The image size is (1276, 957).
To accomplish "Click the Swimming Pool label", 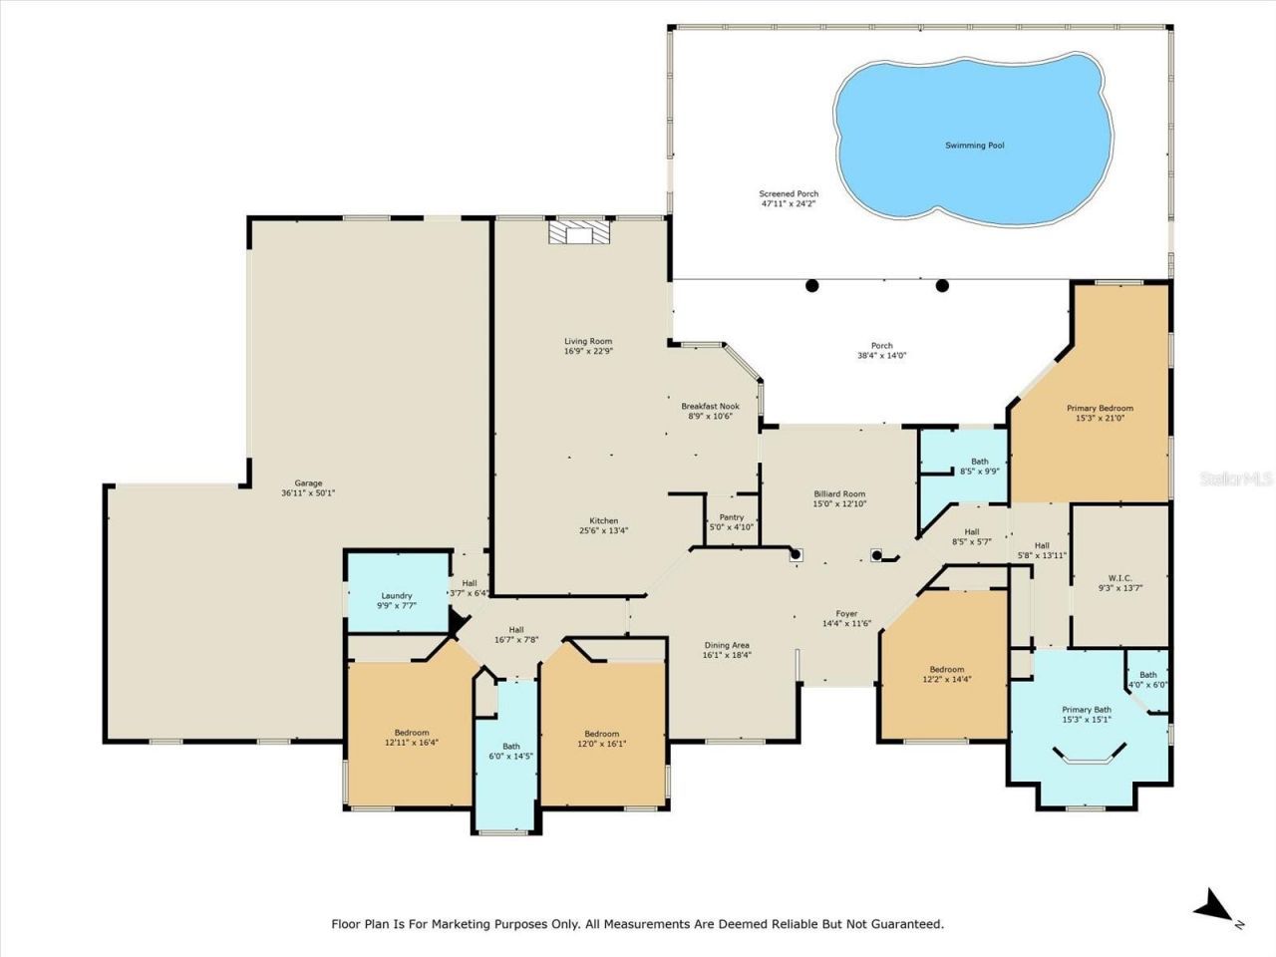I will [x=974, y=146].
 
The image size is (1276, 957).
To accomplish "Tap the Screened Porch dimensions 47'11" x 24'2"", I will [x=788, y=204].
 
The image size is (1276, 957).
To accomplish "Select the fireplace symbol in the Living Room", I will [x=578, y=232].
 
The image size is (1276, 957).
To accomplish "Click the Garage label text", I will [x=308, y=483].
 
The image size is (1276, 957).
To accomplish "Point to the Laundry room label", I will [x=396, y=596].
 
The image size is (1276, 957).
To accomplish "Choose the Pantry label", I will [x=731, y=517].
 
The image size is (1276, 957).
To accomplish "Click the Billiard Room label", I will [x=839, y=494].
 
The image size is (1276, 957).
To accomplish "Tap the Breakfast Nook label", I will [x=710, y=407].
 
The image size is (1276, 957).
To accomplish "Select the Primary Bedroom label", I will [x=1100, y=409].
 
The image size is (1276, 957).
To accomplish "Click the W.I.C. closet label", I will [x=1119, y=577].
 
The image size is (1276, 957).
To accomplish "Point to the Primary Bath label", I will [x=1086, y=710].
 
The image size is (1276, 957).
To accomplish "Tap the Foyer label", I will [x=846, y=614].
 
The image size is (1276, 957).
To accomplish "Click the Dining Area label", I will [x=726, y=645].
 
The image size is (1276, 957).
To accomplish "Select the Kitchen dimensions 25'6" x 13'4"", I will [x=603, y=531].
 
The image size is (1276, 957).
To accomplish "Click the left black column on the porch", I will [x=812, y=286].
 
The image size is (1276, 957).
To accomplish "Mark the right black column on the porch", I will [x=942, y=286].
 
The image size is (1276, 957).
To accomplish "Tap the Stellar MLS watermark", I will [x=1235, y=478].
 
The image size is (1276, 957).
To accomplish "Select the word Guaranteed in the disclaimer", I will [x=906, y=924].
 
